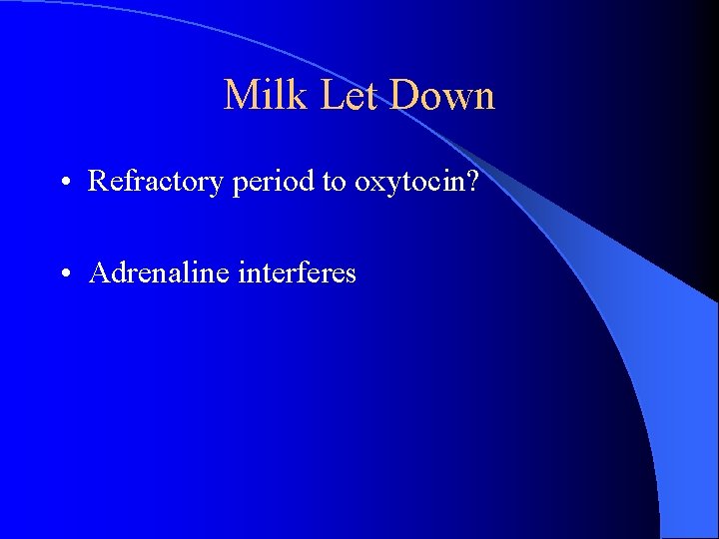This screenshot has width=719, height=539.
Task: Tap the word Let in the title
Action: tap(346, 96)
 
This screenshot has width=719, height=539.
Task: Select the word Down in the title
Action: tap(443, 96)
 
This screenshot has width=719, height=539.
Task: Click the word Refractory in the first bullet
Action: tap(157, 181)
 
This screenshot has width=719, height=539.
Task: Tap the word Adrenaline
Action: tap(160, 272)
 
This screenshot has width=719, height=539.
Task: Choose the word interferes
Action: tap(298, 272)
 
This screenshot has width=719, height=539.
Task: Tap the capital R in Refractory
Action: tap(98, 181)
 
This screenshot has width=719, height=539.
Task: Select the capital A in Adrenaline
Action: tap(99, 272)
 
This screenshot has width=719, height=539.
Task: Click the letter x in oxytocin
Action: tap(374, 184)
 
